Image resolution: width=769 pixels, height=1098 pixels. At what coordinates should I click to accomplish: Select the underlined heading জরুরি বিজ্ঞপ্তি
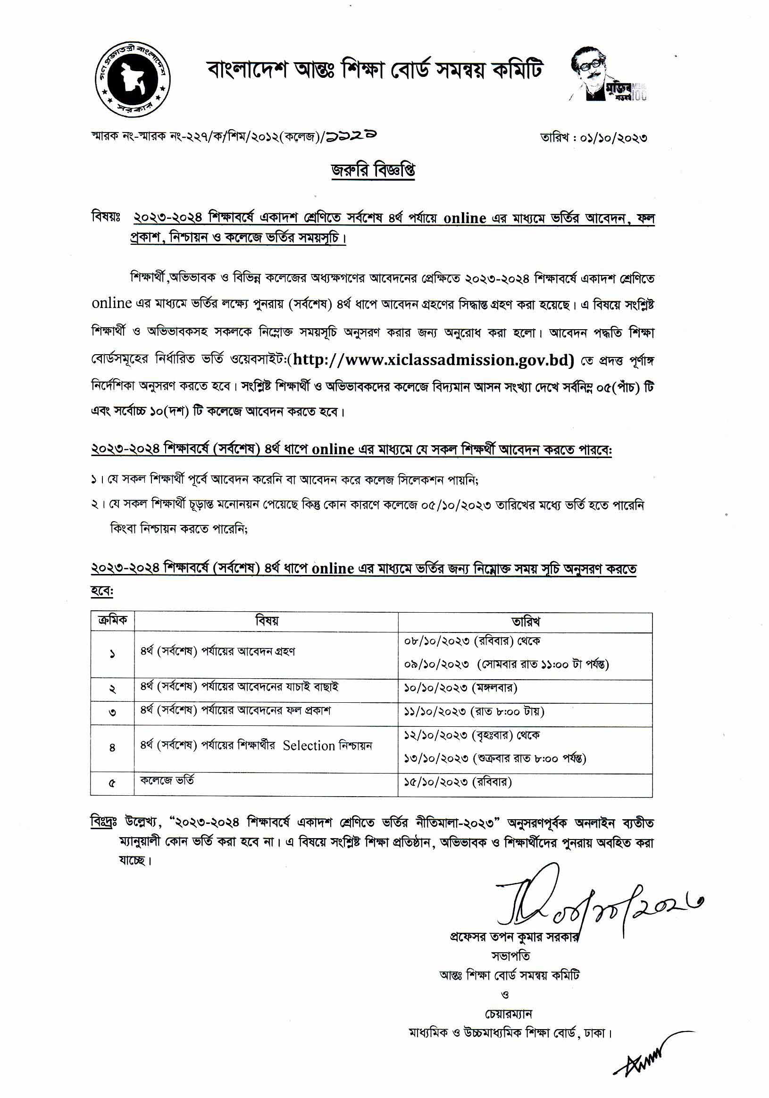pos(374,171)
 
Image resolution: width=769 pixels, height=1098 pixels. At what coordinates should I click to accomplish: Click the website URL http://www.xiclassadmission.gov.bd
pos(433,359)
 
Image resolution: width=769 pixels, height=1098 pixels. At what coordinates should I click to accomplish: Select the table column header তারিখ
pos(526,622)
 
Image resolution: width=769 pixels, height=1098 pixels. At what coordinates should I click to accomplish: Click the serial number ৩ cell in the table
pos(112,712)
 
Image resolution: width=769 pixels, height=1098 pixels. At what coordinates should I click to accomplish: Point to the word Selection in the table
pos(309,746)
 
